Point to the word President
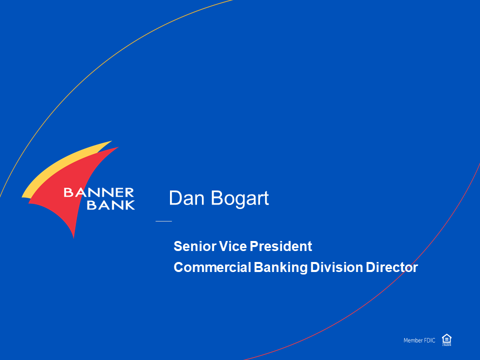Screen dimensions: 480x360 280,246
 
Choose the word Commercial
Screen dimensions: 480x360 212,267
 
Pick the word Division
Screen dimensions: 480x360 336,267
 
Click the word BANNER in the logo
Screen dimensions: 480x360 98,192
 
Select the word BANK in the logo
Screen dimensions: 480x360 111,205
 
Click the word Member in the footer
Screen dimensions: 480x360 413,340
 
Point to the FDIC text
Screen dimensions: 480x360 429,340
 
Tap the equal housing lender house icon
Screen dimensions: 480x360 446,340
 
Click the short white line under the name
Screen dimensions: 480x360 164,220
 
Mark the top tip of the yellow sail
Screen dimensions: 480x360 111,141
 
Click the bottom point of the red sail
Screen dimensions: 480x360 74,237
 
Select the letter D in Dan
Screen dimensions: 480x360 175,198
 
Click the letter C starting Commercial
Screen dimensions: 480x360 178,267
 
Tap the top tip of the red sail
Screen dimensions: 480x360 118,147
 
